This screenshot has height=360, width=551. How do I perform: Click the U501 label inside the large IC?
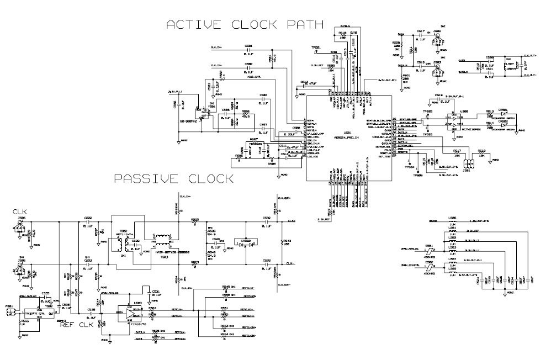[347, 133]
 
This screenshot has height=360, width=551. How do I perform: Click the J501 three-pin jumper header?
[470, 164]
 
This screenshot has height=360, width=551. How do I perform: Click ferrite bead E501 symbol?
[429, 248]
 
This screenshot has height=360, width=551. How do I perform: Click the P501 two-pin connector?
[9, 313]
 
